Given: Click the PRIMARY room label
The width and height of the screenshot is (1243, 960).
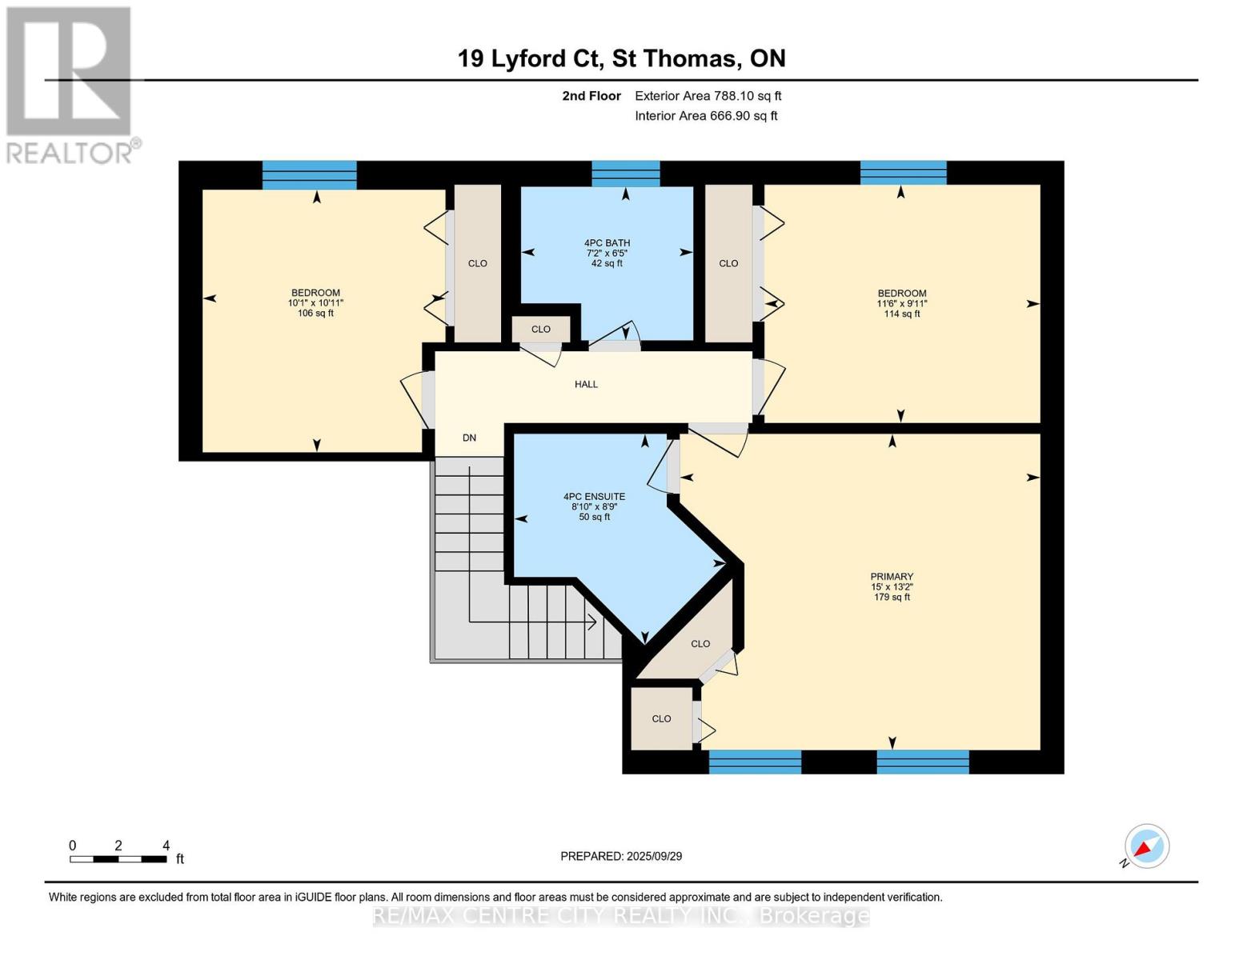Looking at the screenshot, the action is [891, 576].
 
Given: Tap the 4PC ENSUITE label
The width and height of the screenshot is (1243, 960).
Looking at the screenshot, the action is [595, 497].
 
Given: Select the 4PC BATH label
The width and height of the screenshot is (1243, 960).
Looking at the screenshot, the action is [607, 243].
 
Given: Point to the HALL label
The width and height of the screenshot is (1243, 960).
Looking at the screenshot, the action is [587, 384].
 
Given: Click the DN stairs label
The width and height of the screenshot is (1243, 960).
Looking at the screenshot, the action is [469, 438].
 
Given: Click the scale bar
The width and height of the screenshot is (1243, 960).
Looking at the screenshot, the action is [118, 858].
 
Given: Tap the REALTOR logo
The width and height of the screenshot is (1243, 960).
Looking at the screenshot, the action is [71, 86].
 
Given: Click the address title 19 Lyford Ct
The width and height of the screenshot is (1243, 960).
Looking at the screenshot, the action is [530, 58].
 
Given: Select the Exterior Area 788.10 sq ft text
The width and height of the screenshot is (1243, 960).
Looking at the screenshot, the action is [708, 96].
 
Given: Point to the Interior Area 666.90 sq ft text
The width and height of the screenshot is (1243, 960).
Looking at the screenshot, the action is [707, 116].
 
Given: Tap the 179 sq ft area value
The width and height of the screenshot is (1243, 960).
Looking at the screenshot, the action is [891, 597].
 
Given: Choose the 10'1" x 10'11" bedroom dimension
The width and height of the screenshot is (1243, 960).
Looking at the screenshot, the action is [316, 303].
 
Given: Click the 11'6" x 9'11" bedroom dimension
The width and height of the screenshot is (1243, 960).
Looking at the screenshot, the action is [902, 304].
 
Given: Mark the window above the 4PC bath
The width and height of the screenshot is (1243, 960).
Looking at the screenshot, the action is [626, 174].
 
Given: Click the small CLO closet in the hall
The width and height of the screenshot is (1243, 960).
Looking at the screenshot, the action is [541, 330].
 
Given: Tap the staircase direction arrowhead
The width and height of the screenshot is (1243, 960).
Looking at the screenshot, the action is [592, 622].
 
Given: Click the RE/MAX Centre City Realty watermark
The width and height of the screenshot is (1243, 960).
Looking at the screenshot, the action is [621, 916].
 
